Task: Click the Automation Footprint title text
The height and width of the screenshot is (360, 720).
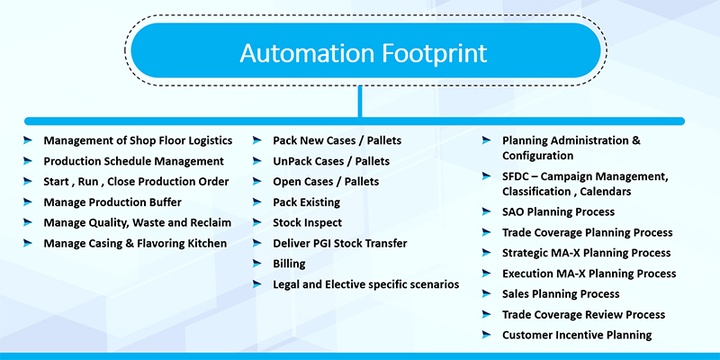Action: (363, 53)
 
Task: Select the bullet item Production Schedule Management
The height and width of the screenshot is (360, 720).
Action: (133, 161)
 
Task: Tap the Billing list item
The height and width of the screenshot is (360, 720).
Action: (289, 264)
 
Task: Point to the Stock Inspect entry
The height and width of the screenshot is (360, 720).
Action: (307, 222)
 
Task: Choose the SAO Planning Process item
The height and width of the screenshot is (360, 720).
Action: (558, 211)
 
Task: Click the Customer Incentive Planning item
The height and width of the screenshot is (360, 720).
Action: (577, 335)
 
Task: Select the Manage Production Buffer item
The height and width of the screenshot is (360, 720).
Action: (112, 202)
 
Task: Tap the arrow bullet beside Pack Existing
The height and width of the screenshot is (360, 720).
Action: (257, 202)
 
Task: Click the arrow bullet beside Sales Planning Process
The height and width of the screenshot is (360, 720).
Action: (486, 294)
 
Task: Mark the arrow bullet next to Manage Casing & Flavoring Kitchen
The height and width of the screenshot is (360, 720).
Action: (28, 243)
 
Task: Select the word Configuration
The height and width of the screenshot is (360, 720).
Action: (537, 156)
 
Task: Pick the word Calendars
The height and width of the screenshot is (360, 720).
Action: (606, 191)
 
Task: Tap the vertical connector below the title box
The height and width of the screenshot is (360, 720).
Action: (360, 102)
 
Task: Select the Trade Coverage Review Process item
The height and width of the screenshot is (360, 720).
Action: (583, 314)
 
